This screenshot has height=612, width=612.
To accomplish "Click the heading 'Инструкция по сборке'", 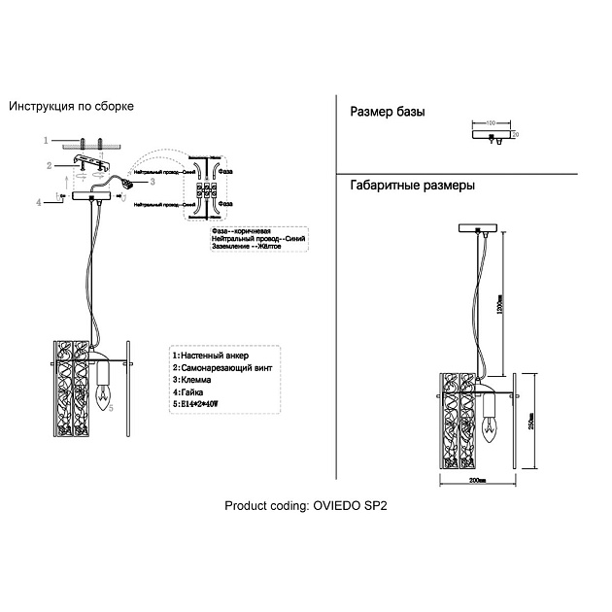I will click(x=70, y=106).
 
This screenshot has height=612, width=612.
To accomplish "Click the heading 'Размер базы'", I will click(x=387, y=113).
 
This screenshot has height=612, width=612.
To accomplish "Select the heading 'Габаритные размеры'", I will click(x=412, y=186).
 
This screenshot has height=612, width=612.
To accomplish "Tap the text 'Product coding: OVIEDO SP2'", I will click(x=312, y=506).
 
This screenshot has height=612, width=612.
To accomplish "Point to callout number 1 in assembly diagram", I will click(x=46, y=141).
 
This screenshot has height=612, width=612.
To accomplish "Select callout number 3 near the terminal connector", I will click(x=152, y=181).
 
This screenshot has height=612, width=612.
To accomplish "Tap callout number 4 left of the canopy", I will click(x=39, y=202).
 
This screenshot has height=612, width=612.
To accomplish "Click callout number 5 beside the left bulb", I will click(x=112, y=409).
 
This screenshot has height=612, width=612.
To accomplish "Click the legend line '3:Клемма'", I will click(x=193, y=380).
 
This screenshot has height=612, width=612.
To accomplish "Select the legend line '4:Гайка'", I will click(x=191, y=391).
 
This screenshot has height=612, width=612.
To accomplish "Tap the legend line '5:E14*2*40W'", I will click(x=197, y=403).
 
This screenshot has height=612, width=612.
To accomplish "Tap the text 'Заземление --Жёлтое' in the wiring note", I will click(x=246, y=247).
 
